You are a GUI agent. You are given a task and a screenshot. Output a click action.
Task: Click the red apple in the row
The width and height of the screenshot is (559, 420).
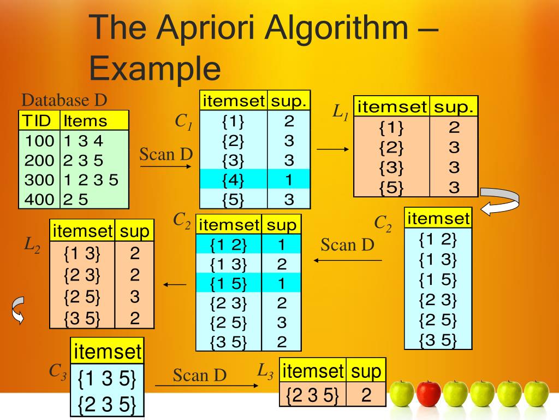tap(429, 394)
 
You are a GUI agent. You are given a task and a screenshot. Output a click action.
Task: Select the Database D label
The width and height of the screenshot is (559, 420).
tap(64, 100)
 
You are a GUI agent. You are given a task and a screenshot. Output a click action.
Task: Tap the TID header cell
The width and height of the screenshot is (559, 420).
tap(38, 120)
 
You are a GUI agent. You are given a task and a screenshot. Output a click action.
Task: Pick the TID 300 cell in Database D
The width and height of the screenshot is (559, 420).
tap(39, 179)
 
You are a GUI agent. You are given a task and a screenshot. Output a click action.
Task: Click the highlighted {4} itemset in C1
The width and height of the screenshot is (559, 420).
tap(233, 179)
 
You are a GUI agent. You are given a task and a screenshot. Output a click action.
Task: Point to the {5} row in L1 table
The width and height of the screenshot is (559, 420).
tap(391, 187)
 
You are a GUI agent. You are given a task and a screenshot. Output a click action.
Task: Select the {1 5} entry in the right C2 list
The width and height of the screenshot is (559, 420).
tap(437, 279)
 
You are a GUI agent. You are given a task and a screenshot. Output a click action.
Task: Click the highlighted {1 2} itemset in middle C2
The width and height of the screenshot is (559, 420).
tap(229, 245)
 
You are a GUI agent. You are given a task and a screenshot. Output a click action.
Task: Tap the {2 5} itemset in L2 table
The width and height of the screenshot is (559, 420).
tap(82, 297)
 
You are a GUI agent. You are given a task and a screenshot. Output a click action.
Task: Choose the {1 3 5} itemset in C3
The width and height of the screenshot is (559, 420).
tap(107, 380)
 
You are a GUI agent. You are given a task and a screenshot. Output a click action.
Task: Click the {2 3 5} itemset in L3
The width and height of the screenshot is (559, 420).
tap(313, 394)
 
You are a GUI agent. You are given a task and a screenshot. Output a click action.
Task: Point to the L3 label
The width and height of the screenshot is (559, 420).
tap(265, 371)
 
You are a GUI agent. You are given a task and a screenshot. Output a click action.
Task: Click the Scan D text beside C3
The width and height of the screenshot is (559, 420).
tap(199, 375)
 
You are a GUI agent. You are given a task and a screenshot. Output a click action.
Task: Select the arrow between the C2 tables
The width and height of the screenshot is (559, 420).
tap(348, 260)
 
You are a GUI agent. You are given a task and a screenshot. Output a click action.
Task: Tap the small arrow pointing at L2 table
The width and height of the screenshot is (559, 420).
tap(175, 284)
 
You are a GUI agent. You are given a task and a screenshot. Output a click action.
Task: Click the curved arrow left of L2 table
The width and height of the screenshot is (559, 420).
tap(18, 310)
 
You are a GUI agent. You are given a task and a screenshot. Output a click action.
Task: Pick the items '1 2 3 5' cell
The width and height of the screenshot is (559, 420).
tap(91, 179)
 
